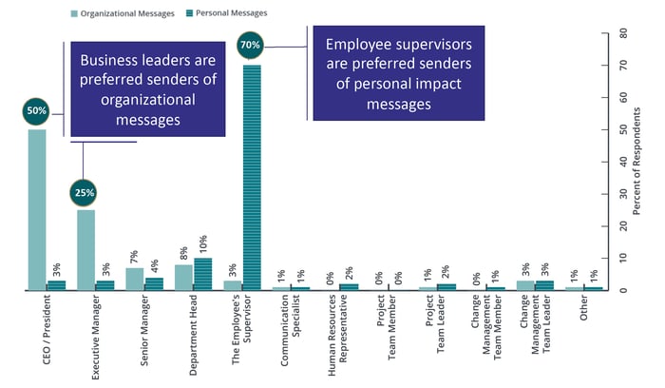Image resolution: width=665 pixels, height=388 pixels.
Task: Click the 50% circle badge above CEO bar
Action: (36, 111)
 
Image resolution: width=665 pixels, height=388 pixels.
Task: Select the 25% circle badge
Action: (85, 192)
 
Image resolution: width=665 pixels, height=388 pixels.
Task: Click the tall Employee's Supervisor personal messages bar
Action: (252, 176)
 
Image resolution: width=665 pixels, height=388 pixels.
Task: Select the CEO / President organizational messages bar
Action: (36, 209)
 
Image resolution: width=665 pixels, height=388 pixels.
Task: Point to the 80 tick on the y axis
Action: (623, 33)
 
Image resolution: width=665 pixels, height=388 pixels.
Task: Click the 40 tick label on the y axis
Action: (623, 162)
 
